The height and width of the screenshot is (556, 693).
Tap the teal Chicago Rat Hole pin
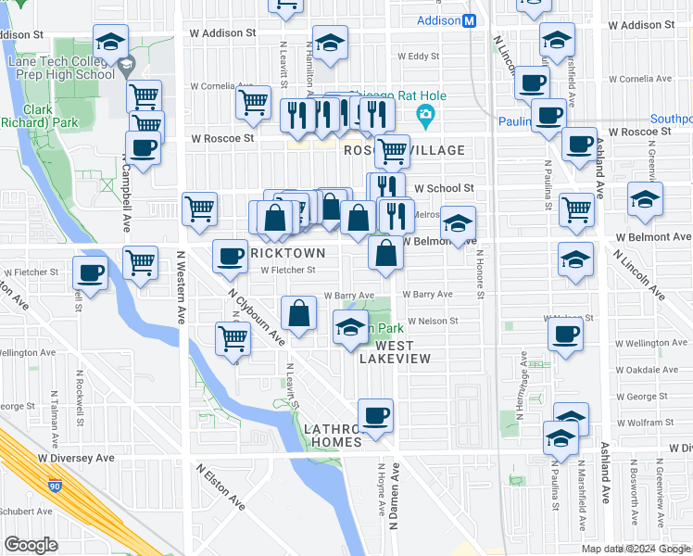(x=426, y=117)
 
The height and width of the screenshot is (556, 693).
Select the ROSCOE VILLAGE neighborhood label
(x=404, y=150)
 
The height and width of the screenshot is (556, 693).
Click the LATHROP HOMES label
(x=334, y=436)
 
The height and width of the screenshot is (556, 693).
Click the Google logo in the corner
(x=31, y=545)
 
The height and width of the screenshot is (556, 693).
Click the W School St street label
(x=444, y=188)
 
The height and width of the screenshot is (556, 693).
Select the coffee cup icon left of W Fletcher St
(x=91, y=272)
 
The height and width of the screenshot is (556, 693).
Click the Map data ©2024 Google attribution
(x=636, y=549)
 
